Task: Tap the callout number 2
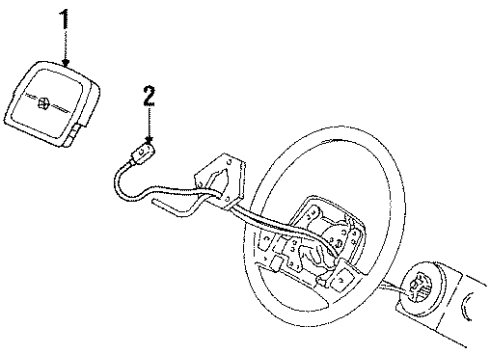(149, 96)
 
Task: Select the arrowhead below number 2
(149, 139)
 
